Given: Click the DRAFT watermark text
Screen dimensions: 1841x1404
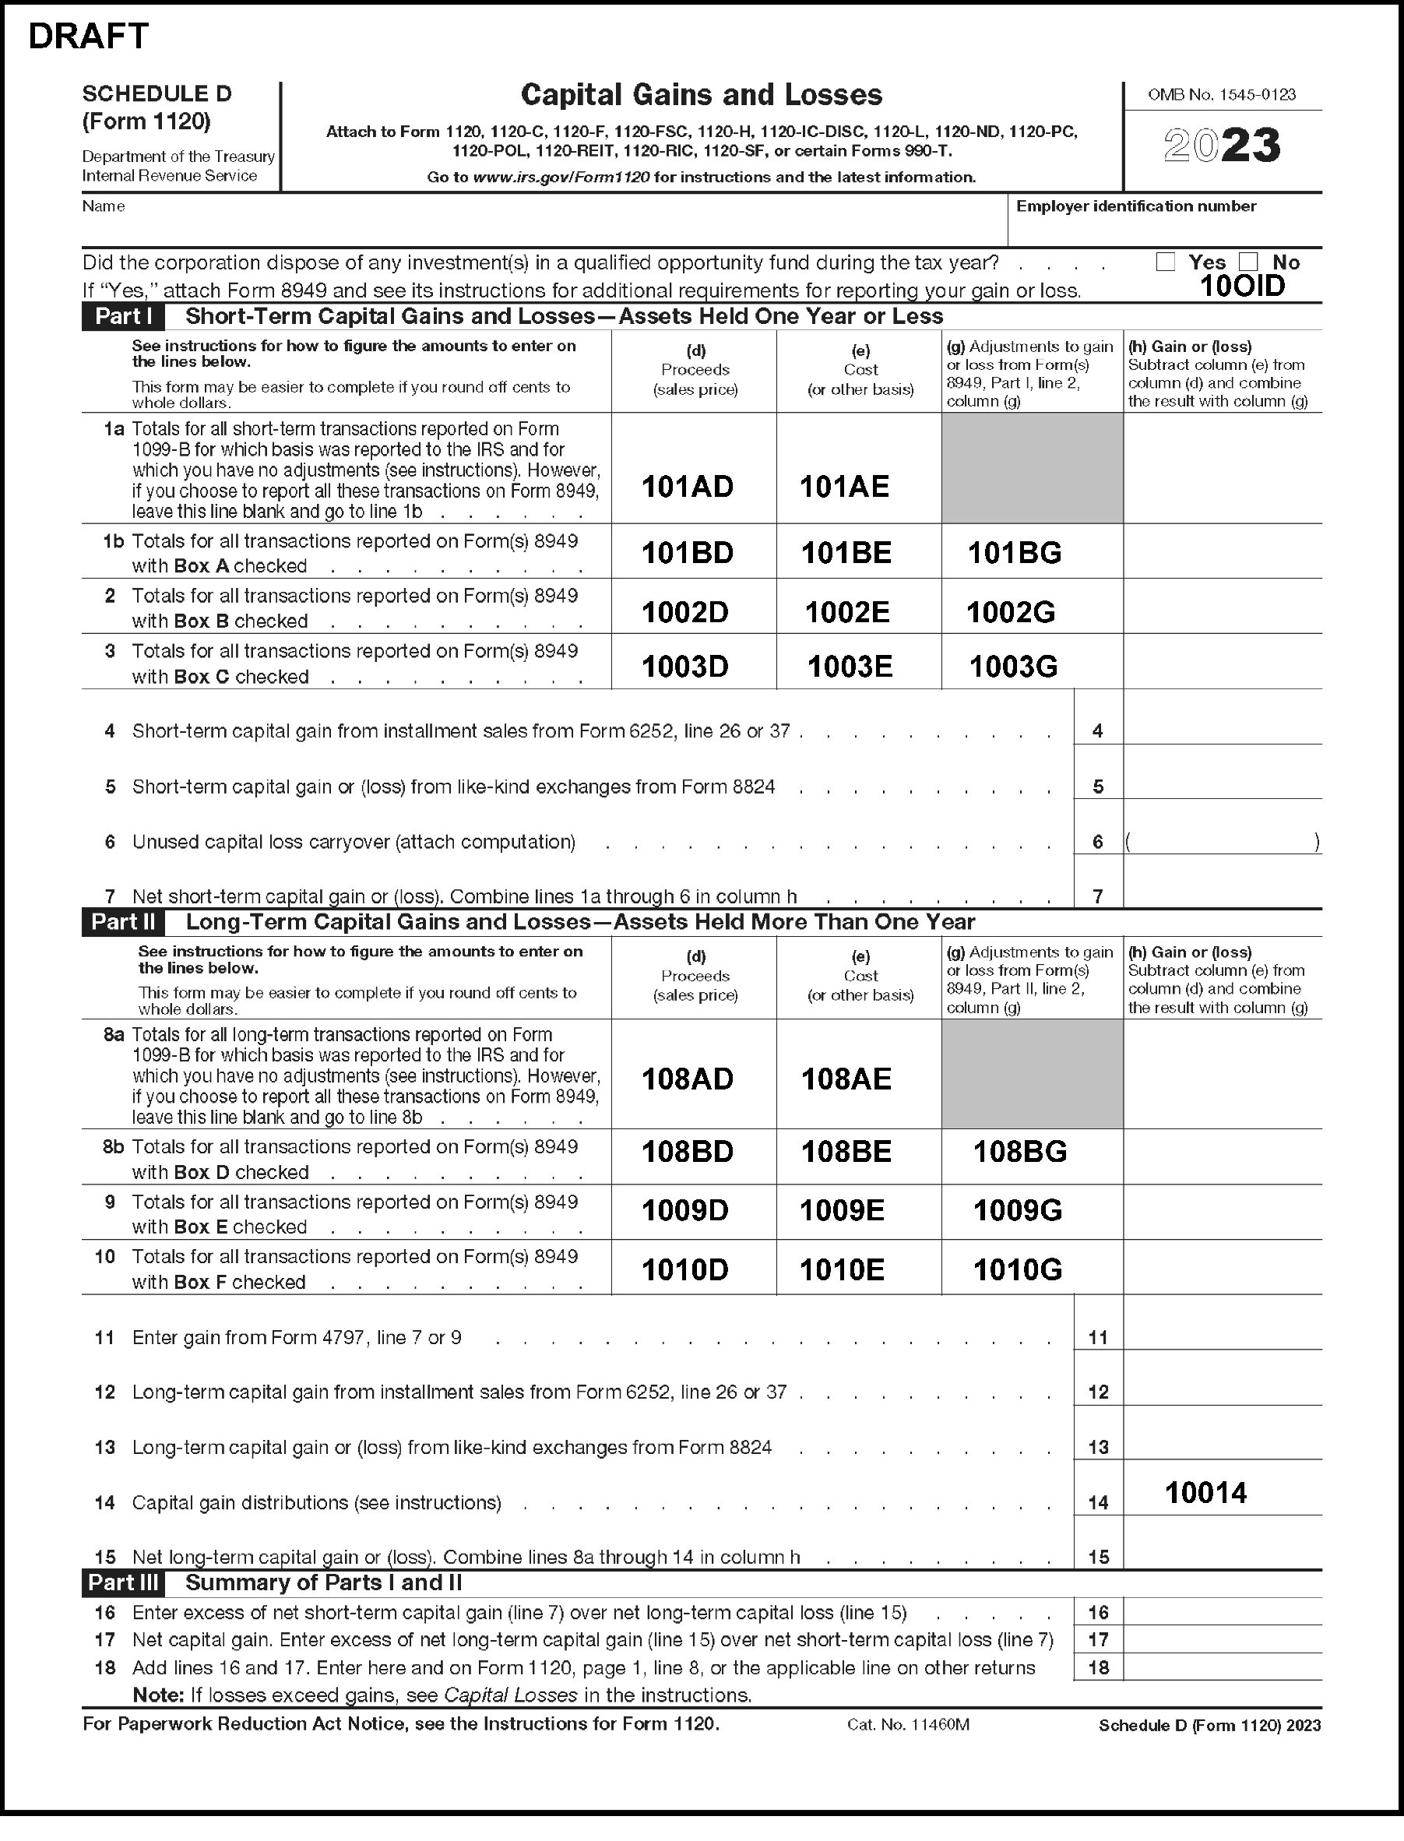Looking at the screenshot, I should [89, 37].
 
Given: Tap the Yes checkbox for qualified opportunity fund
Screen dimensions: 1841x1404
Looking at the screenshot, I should [1165, 262].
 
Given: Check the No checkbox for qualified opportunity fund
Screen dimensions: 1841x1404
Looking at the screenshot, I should [1248, 262].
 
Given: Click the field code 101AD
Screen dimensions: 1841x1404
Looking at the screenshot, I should [687, 487].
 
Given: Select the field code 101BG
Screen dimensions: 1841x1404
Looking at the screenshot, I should [1015, 552].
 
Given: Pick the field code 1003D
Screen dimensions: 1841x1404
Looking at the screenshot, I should [684, 666].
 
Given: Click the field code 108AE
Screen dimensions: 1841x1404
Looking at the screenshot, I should [846, 1079].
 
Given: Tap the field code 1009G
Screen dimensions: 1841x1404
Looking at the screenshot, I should [1017, 1210].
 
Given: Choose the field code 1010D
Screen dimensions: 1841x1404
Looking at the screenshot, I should [684, 1270].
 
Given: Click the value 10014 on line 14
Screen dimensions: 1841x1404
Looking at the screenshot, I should [1205, 1493].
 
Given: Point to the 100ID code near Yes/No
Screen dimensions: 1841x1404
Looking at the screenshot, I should [1242, 287].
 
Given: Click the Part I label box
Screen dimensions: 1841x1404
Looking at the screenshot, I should [123, 317].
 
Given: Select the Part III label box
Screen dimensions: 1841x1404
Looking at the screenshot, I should [123, 1582].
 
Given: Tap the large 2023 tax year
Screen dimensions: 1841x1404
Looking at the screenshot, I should [1222, 146].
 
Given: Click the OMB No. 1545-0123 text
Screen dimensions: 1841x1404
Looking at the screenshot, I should [1222, 95].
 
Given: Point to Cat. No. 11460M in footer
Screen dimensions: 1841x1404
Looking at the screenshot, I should [908, 1725].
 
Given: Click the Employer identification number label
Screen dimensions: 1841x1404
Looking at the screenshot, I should [1135, 206].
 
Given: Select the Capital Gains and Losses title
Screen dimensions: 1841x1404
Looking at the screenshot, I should [701, 95].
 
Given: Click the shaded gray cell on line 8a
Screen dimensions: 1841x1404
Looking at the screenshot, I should [1032, 1074].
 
